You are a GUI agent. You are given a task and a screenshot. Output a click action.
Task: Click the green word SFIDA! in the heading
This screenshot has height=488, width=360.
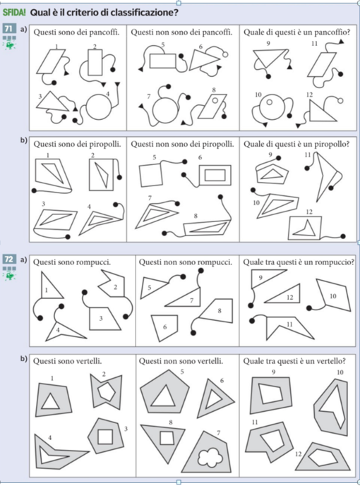click(x=14, y=13)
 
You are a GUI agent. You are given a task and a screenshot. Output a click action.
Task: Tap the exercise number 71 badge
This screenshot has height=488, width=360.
click(x=9, y=29)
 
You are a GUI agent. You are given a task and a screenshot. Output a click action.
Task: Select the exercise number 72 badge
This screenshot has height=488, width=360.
click(x=9, y=259)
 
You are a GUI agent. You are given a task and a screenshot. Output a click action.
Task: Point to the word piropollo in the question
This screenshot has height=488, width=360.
click(x=332, y=145)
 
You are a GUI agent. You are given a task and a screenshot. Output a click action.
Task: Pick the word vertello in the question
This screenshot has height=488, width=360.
click(x=332, y=361)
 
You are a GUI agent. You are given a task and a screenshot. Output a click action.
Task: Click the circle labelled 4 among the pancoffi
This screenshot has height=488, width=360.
click(x=99, y=106)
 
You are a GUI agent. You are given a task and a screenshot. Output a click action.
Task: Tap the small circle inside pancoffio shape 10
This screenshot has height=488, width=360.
click(x=270, y=102)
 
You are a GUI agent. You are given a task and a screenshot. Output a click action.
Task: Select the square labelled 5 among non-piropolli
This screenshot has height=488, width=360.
click(x=151, y=175)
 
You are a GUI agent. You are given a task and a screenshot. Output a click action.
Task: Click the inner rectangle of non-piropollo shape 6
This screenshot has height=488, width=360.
click(x=215, y=175)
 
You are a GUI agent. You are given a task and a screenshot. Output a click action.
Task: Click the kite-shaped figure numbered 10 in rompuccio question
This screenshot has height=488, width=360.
click(x=333, y=294)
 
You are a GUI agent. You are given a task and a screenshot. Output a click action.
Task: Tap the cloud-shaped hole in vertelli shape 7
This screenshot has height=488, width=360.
click(x=210, y=457)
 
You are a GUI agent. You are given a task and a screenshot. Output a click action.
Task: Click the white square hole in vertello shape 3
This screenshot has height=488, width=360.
click(x=105, y=437)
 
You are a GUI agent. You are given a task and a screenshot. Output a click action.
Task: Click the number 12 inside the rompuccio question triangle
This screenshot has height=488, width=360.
click(x=290, y=298)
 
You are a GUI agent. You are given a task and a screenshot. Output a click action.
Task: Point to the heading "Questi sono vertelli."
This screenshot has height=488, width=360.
click(x=67, y=361)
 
